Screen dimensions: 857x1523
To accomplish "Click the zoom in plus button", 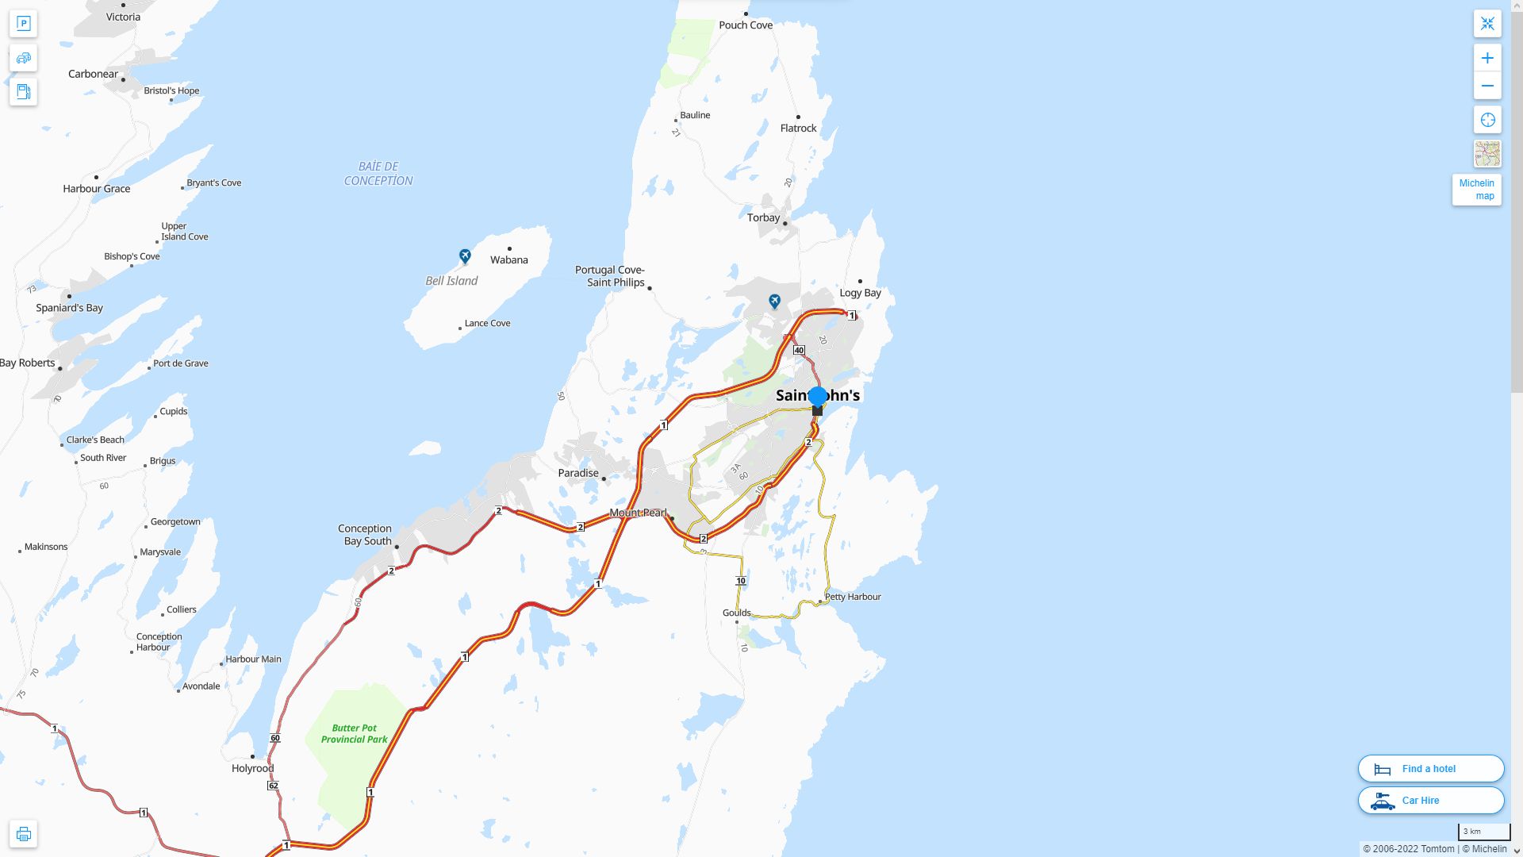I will (x=1487, y=58).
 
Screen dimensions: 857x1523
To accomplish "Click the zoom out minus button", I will (x=1487, y=86).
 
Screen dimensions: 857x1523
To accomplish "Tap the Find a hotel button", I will (x=1430, y=769).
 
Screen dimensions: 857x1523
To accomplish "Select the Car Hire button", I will (x=1430, y=801).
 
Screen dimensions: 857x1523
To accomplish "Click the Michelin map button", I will (x=1476, y=190).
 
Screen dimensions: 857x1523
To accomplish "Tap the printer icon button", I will (x=23, y=834).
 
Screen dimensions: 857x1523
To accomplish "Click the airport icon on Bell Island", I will (x=465, y=256).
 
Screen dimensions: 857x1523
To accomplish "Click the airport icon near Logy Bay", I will (x=774, y=302).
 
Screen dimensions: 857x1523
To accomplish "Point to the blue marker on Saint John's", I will (x=818, y=397).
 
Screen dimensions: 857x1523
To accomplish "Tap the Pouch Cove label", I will (x=746, y=25).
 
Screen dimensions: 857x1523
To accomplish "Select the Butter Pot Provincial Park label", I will (x=354, y=733).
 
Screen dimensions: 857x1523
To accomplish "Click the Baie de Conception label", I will (x=378, y=174).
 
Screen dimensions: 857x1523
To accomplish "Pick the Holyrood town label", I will (x=252, y=768).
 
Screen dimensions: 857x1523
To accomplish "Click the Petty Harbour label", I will (x=853, y=597).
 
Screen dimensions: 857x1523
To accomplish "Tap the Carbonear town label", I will (x=93, y=74).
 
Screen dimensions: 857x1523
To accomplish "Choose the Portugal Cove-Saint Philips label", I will (x=609, y=276).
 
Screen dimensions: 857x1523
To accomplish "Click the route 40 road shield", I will (x=799, y=350).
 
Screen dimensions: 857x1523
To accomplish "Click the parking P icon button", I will (x=23, y=24).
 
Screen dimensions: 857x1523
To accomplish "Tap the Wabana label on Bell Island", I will (x=508, y=260).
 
